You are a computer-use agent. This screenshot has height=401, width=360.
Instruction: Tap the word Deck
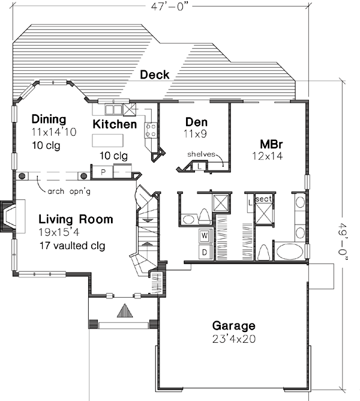[155, 75]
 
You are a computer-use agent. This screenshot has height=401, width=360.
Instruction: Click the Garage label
[233, 326]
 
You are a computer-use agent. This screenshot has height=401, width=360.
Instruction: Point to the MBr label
[268, 145]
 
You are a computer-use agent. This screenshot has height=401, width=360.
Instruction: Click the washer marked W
[205, 235]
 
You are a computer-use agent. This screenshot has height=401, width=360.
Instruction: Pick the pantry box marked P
[103, 172]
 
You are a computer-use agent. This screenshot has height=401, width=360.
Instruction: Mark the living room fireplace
[10, 216]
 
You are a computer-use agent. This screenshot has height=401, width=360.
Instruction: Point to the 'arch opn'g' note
[63, 192]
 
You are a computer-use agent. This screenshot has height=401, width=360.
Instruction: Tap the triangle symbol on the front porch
[124, 310]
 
